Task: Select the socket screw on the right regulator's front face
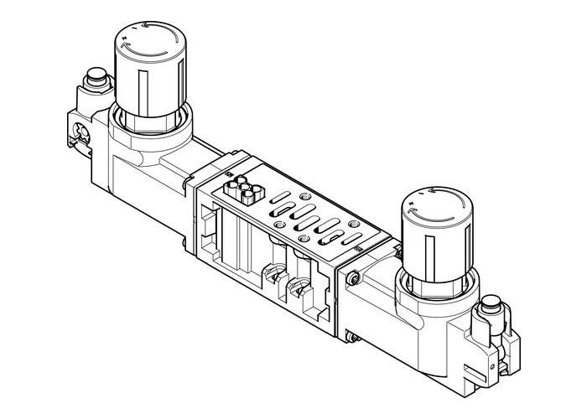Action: pyautogui.click(x=356, y=277)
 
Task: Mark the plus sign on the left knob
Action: pyautogui.click(x=126, y=38)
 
